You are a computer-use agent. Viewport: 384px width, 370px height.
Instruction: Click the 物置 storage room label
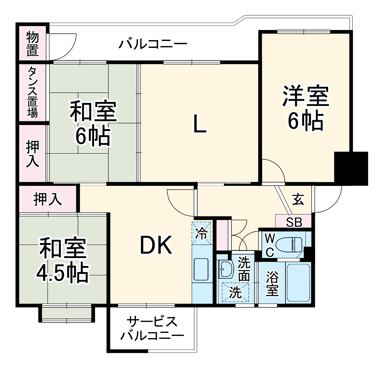point(33,43)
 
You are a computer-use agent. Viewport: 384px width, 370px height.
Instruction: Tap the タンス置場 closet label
point(33,92)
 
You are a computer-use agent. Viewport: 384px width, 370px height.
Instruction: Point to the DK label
point(156,246)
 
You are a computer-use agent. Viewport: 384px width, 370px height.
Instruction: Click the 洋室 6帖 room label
point(306,107)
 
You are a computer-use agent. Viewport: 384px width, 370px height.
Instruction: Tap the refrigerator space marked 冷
point(202,233)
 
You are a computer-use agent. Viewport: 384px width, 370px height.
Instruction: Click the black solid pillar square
point(351,168)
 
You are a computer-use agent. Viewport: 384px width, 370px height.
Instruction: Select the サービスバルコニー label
point(152,328)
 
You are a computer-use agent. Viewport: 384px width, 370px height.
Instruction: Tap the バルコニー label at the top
point(153,45)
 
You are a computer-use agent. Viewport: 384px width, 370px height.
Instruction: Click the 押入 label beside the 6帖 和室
point(33,154)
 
